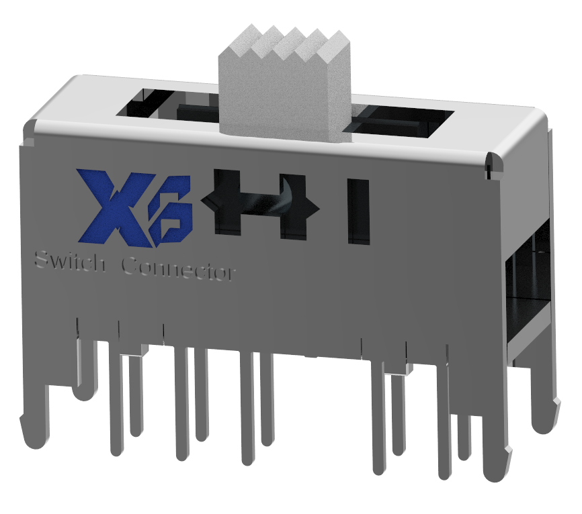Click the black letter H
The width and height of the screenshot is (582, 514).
pyautogui.click(x=262, y=201)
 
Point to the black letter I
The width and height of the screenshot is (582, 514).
pyautogui.click(x=358, y=209)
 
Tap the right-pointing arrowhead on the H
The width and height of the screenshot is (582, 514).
pyautogui.click(x=313, y=204)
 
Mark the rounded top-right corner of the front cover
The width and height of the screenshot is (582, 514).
pyautogui.click(x=494, y=161)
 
